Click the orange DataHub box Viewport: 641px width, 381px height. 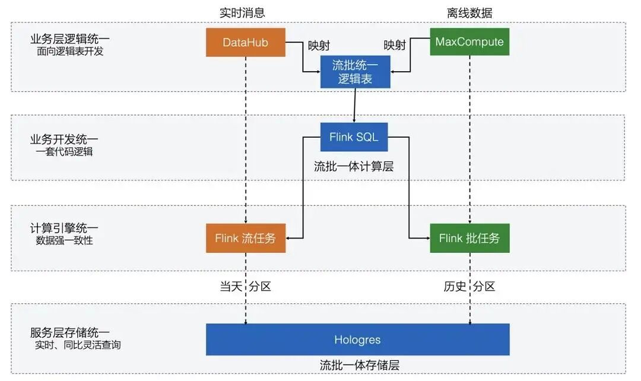pyautogui.click(x=245, y=42)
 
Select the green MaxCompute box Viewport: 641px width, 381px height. pyautogui.click(x=469, y=42)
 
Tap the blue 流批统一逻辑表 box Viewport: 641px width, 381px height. pyautogui.click(x=355, y=72)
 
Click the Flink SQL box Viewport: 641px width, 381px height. pyautogui.click(x=354, y=138)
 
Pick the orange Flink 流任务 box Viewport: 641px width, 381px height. pyautogui.click(x=245, y=239)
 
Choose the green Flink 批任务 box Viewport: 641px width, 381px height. pyautogui.click(x=469, y=239)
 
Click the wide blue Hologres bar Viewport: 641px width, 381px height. pyautogui.click(x=357, y=340)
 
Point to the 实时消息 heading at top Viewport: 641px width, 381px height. pyautogui.click(x=242, y=12)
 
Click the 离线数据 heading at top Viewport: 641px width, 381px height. pyautogui.click(x=469, y=12)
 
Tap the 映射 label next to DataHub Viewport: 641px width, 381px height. pyautogui.click(x=319, y=46)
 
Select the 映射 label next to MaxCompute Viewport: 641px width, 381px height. pyautogui.click(x=395, y=46)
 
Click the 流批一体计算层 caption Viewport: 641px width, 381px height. pyautogui.click(x=354, y=167)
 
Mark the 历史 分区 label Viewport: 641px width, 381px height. pyautogui.click(x=469, y=287)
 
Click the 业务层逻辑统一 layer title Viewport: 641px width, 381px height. pyautogui.click(x=70, y=39)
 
